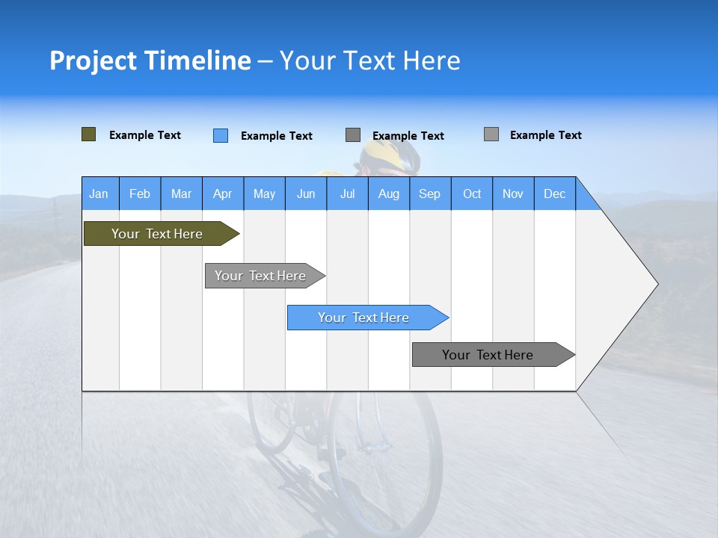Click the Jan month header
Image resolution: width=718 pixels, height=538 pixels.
[x=99, y=194]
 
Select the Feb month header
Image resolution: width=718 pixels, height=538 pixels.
[x=140, y=194]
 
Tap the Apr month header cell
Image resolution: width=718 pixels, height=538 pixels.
[x=223, y=194]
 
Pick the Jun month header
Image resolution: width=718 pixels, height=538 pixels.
[x=306, y=194]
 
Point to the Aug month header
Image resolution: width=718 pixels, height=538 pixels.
[x=389, y=194]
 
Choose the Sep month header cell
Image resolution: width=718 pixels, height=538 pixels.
[x=430, y=194]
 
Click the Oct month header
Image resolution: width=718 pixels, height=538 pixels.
[x=472, y=194]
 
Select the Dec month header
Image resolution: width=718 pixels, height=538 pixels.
[x=555, y=194]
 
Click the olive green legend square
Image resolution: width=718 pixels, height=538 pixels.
[x=88, y=134]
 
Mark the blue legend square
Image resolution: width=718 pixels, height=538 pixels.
[x=221, y=135]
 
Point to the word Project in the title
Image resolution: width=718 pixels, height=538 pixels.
[x=92, y=61]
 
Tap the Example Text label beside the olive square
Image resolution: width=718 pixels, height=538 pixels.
[x=145, y=135]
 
